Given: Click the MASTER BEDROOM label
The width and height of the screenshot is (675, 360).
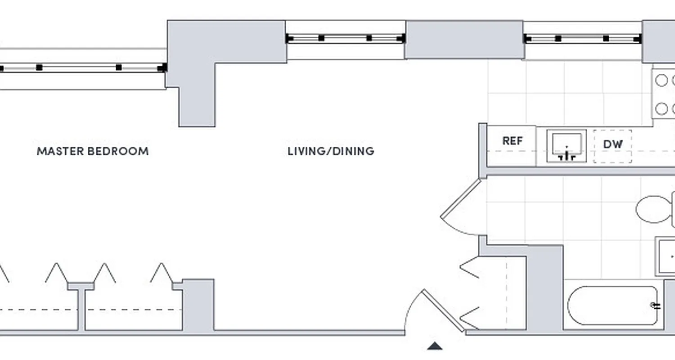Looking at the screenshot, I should point(92,151).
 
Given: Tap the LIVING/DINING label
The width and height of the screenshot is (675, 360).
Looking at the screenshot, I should point(331,151).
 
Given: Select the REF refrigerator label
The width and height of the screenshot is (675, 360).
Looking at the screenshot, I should point(512,141).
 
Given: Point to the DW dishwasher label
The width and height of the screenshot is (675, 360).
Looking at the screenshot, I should point(612,144).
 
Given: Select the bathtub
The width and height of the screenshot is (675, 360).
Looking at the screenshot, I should point(612,306).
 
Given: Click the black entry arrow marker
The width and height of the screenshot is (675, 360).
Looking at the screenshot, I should point(434,346).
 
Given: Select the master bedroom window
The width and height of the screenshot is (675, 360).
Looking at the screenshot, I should point(81,68).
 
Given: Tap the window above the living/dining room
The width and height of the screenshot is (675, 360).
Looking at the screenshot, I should point(345,39).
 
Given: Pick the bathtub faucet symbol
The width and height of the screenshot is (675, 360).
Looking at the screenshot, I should point(656,306).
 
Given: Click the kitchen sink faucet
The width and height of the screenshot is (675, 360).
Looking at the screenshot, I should point(567,156).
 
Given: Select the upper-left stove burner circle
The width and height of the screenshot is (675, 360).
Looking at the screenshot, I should point(661,81).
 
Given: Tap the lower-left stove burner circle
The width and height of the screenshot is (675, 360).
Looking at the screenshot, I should point(661,108).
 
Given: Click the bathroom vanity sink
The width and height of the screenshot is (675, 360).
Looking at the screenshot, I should point(666,256).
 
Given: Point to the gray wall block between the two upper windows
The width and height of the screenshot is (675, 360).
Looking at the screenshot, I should point(464,40).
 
